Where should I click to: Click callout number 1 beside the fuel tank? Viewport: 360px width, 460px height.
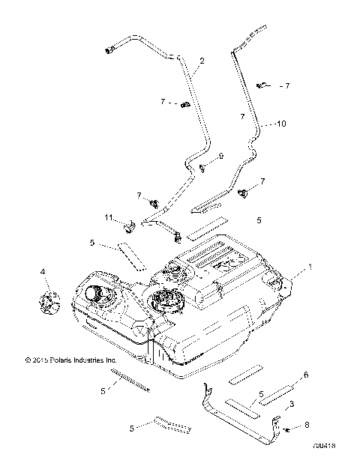pyautogui.click(x=307, y=267)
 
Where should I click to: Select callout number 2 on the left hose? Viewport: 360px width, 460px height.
pyautogui.click(x=201, y=59)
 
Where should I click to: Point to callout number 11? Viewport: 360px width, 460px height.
pyautogui.click(x=109, y=217)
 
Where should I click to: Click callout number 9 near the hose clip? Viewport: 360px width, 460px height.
pyautogui.click(x=222, y=156)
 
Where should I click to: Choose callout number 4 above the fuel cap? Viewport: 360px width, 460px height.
pyautogui.click(x=43, y=270)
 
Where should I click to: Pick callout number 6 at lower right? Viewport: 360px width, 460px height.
pyautogui.click(x=306, y=374)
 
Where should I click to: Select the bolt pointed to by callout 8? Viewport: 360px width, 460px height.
pyautogui.click(x=283, y=426)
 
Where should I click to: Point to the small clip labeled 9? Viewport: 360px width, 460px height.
pyautogui.click(x=202, y=168)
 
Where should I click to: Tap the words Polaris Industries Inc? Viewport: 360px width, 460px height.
pyautogui.click(x=83, y=360)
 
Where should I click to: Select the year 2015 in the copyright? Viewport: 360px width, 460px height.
pyautogui.click(x=38, y=360)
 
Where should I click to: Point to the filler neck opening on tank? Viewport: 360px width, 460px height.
pyautogui.click(x=97, y=293)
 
